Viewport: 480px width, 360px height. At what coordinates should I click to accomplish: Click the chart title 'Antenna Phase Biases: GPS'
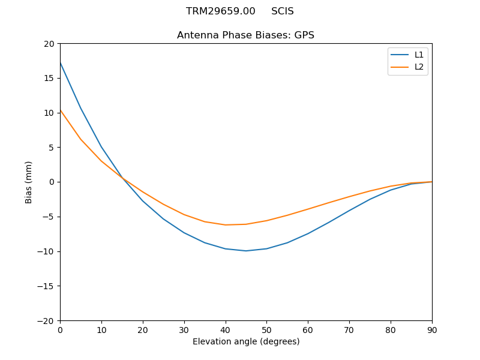(x=245, y=35)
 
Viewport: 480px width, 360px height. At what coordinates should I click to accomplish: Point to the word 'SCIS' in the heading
(x=283, y=11)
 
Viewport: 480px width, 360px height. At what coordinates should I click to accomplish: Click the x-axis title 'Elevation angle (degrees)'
(x=246, y=342)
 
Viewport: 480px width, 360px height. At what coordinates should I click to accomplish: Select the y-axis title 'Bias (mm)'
(x=29, y=182)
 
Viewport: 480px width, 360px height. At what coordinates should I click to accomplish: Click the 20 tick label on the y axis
(x=49, y=44)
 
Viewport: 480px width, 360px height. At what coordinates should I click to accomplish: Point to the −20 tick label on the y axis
(x=46, y=320)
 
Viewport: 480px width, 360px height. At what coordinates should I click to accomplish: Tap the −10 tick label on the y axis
(x=46, y=251)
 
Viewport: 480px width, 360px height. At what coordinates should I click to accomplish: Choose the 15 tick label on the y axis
(x=49, y=78)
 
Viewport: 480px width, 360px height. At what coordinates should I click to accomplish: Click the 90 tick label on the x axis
(x=431, y=329)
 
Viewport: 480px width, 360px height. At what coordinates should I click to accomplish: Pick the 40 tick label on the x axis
(x=226, y=329)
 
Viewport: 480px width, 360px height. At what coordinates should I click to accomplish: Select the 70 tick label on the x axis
(x=349, y=329)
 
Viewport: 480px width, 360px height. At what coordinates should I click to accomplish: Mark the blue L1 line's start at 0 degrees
(x=61, y=63)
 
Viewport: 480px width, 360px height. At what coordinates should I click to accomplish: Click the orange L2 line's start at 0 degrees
(x=61, y=110)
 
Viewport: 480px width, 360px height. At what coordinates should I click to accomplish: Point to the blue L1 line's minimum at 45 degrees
(x=246, y=251)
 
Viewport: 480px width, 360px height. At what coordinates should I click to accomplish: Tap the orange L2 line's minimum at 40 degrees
(x=226, y=225)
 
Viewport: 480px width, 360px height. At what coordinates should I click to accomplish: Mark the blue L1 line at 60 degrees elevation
(x=308, y=233)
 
